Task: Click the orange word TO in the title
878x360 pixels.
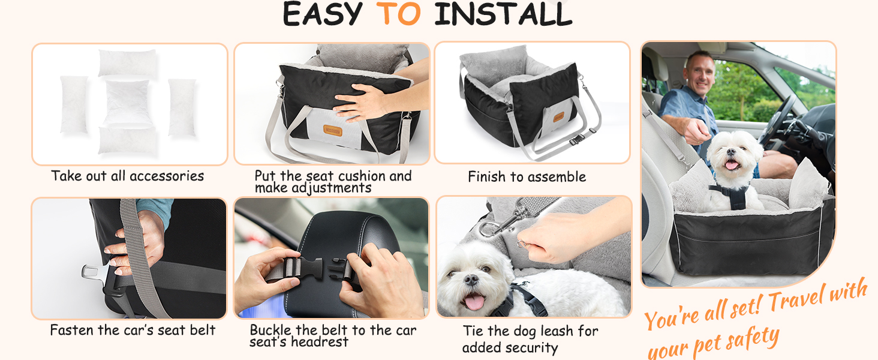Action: point(398,14)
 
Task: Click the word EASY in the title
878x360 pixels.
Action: point(323,14)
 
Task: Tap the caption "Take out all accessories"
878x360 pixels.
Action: point(127,176)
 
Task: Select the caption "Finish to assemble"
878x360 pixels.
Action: point(527,177)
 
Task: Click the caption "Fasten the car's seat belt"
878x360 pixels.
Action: point(133,330)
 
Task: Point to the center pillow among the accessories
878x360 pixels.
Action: point(127,102)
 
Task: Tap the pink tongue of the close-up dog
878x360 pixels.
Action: point(474,302)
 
